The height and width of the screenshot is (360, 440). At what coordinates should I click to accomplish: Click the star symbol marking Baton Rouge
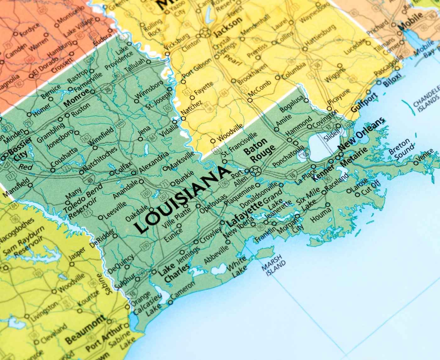click(255, 171)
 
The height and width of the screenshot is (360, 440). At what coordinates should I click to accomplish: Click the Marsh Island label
click(273, 267)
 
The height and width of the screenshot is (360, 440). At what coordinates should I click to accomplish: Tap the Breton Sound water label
click(401, 149)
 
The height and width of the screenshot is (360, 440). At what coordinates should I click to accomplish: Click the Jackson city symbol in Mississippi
click(205, 32)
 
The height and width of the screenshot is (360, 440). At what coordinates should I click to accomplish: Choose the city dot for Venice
click(416, 163)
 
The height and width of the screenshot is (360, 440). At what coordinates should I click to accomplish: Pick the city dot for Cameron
click(170, 303)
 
